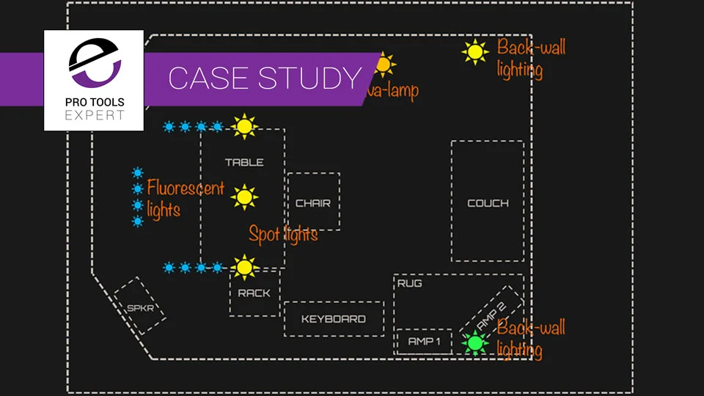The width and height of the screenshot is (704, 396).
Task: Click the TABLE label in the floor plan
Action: [x=244, y=162]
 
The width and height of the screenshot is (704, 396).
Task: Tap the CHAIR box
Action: [x=313, y=202]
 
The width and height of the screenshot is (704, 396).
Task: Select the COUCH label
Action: [x=488, y=203]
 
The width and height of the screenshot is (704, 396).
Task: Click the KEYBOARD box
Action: [x=334, y=319]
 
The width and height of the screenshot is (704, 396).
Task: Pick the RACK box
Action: [x=254, y=293]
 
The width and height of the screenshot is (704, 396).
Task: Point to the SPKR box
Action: [x=140, y=307]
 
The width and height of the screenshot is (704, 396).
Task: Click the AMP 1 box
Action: [x=424, y=341]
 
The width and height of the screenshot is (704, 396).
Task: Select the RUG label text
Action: [x=409, y=283]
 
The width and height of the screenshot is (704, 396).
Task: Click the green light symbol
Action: [x=474, y=342]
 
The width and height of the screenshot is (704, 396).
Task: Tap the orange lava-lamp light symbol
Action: [x=382, y=65]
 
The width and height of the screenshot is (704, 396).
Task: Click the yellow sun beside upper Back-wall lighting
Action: [x=474, y=52]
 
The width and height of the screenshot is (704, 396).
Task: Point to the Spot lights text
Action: [x=283, y=235]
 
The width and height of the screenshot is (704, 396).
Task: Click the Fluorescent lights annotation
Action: [x=185, y=199]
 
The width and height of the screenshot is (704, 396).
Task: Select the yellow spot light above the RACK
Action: [x=244, y=267]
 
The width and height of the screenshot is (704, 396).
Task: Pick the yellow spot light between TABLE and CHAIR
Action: [x=244, y=197]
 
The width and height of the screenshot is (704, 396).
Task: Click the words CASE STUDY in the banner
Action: [x=265, y=78]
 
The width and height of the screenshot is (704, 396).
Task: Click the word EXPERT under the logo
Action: [x=94, y=115]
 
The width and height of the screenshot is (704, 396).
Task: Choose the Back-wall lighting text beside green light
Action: [x=530, y=338]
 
